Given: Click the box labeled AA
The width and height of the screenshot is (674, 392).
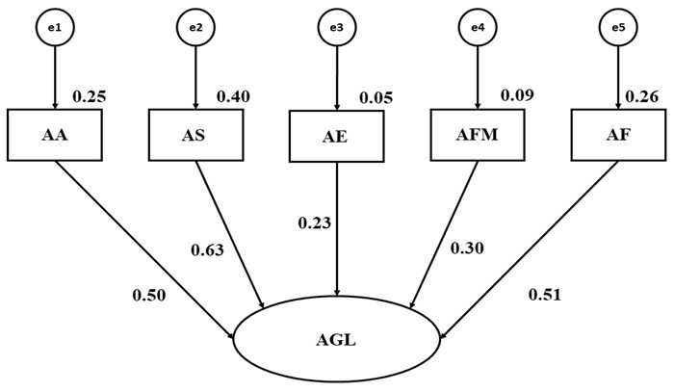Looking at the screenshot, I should [x=54, y=135].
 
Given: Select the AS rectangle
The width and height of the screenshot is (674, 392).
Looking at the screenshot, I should [x=195, y=135].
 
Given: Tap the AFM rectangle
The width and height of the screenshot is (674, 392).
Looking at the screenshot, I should [x=478, y=135].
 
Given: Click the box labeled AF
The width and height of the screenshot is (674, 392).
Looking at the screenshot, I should [x=618, y=135].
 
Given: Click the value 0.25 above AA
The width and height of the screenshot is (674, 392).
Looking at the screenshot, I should [x=91, y=96].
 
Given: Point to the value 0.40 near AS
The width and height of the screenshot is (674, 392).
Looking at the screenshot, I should [x=233, y=96].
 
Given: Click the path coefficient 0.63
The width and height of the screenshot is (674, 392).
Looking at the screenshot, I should [x=207, y=250].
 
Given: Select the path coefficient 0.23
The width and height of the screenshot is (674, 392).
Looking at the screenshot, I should [x=316, y=223].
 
